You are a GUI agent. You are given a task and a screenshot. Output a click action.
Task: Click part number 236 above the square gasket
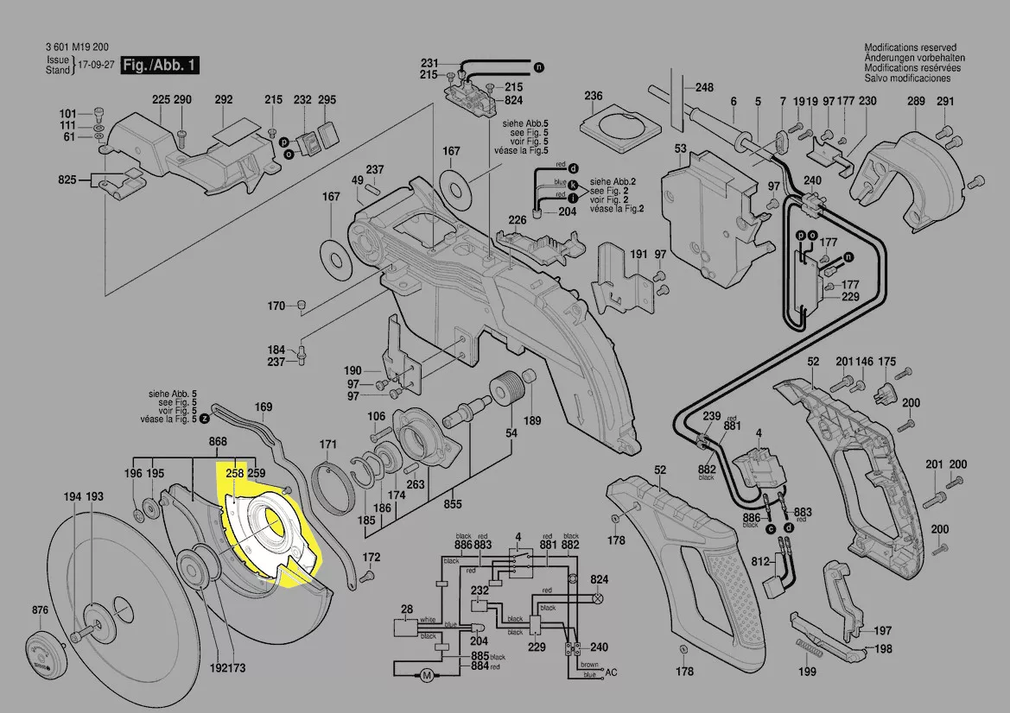[593, 95]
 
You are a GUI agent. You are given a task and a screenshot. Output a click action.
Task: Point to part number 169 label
[264, 407]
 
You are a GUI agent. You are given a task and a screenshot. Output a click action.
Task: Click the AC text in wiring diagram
[612, 672]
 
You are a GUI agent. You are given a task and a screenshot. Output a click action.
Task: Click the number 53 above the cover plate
[680, 149]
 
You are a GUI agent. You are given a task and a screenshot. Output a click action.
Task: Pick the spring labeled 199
[807, 651]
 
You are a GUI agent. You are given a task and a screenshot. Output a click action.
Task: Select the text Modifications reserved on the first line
[914, 47]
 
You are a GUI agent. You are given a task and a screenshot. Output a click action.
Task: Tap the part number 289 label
[916, 101]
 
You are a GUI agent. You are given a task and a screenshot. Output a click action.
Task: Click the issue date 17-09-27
[96, 66]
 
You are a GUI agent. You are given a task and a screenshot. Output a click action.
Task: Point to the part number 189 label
[532, 420]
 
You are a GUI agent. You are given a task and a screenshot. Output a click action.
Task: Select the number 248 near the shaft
[704, 87]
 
